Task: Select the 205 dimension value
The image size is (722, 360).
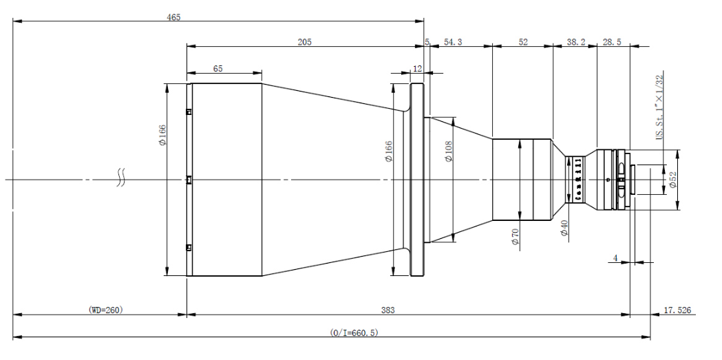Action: click(x=304, y=41)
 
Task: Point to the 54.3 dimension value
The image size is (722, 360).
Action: click(x=453, y=42)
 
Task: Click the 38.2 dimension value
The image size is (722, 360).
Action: click(x=576, y=42)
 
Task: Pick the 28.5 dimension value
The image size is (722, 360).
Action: click(x=612, y=42)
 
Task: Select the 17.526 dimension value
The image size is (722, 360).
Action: click(x=677, y=310)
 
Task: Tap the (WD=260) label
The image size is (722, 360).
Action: click(x=105, y=310)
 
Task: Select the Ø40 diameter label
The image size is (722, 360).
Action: click(x=564, y=229)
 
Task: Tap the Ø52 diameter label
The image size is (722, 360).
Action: click(x=672, y=180)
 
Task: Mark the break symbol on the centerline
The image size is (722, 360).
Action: click(x=122, y=180)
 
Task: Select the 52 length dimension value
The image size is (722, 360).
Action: click(x=522, y=42)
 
